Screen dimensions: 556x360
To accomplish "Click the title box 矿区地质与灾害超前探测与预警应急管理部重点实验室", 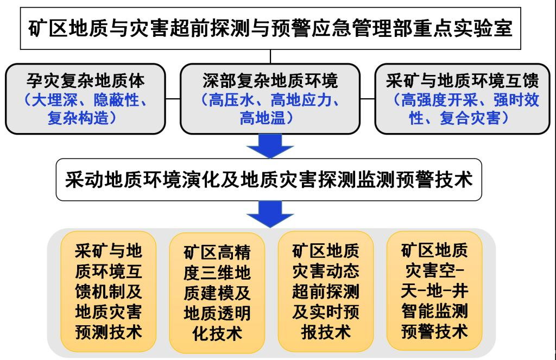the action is click(x=270, y=28).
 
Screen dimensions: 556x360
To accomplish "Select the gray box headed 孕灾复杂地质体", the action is click(x=85, y=99).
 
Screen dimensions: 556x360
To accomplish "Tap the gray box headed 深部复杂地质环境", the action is click(x=270, y=99).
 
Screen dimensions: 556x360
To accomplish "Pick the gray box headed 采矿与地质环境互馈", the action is click(x=463, y=99).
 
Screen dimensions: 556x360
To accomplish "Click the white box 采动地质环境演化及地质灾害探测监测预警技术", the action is click(x=269, y=180).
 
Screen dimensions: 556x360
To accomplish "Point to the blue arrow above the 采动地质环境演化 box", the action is click(x=270, y=146).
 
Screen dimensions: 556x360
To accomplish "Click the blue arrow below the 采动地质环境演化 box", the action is click(x=270, y=214).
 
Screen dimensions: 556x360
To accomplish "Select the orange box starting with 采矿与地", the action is click(x=109, y=292).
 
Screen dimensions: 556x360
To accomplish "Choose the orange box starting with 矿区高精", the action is click(x=217, y=293).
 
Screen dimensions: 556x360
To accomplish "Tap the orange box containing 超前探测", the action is click(x=326, y=292).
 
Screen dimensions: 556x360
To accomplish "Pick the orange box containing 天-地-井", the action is click(x=434, y=291).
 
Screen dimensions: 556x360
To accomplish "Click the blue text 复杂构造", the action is click(x=78, y=118).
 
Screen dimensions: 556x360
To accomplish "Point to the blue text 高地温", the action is click(x=263, y=118).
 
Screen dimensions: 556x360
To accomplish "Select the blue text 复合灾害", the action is click(x=470, y=118).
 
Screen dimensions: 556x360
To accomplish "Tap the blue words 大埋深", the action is click(x=55, y=100).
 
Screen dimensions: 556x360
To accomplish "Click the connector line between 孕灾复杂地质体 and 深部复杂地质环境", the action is click(x=173, y=99).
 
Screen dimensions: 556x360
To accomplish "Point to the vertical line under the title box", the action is click(x=270, y=56).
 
